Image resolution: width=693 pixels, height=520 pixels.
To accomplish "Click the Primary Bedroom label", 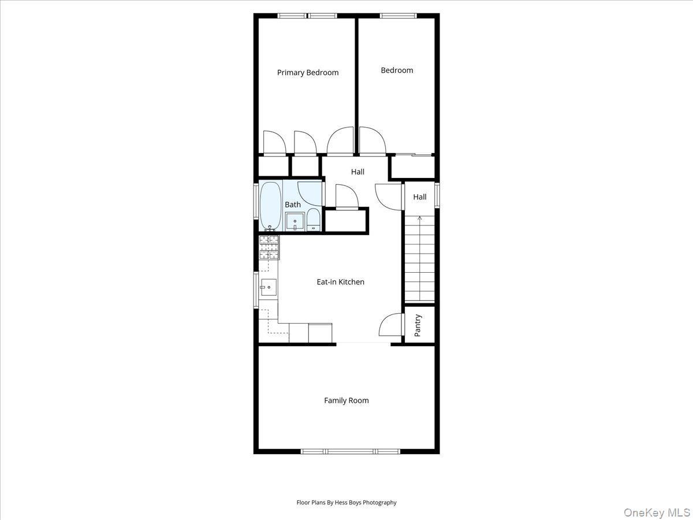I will (308, 73).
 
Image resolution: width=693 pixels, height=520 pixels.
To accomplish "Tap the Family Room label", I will (346, 400).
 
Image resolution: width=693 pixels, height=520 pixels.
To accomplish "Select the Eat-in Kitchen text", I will (340, 282).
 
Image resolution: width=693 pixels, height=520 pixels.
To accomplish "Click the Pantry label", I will (418, 325).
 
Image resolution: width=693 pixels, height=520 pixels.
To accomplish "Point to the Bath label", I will (293, 205).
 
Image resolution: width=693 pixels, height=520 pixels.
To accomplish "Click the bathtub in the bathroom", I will (270, 206).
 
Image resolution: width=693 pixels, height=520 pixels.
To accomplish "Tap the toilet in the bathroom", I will (313, 220).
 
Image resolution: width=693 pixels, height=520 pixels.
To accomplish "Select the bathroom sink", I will (295, 221).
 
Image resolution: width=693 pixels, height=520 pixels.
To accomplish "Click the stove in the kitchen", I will (269, 247).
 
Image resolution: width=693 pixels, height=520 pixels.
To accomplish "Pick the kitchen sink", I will (268, 287).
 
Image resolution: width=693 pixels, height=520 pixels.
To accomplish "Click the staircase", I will (419, 260).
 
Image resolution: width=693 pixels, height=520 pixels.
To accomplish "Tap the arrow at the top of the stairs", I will (419, 218).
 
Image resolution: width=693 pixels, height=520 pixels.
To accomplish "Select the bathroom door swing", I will (310, 194).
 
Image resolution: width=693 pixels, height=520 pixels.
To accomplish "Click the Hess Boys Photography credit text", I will (346, 503).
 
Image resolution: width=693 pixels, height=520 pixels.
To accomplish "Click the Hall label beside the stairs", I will (420, 197).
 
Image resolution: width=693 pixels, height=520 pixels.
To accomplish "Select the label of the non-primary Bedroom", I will (397, 70).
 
